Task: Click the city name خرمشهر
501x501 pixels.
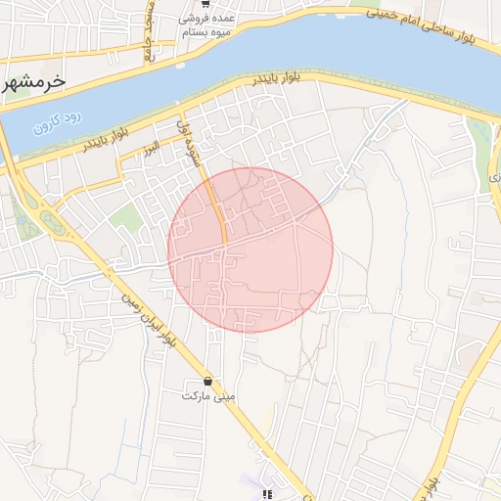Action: (x=34, y=82)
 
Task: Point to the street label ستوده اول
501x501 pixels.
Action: (x=190, y=142)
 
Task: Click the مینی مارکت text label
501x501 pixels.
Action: (x=206, y=397)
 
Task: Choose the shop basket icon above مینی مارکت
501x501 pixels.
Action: (x=206, y=380)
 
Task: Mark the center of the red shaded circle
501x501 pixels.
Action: (x=250, y=250)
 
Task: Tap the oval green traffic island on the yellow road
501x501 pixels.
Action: (x=52, y=223)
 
